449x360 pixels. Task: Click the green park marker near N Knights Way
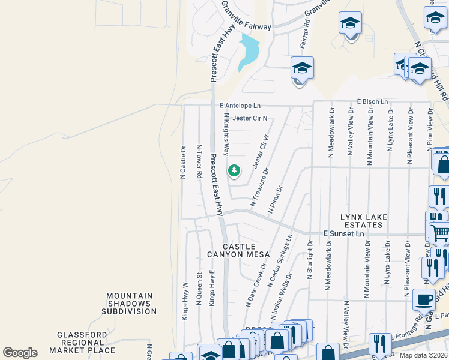pos(234,172)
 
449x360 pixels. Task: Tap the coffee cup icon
pos(424,299)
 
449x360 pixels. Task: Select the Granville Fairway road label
pos(246,26)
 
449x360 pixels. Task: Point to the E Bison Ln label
pos(372,101)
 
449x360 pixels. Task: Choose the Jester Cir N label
pos(250,118)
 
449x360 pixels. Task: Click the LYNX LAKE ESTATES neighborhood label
pos(361,221)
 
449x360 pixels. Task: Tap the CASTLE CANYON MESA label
pos(239,251)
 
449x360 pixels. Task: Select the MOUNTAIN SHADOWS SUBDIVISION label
pos(129,304)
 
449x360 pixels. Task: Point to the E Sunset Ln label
pos(343,232)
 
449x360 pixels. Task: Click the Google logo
pos(20,352)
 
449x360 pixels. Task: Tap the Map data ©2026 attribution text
pos(424,355)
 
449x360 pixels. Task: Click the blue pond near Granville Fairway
pos(249,52)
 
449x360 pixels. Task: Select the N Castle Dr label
pos(183,161)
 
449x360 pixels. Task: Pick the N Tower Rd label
pos(199,161)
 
